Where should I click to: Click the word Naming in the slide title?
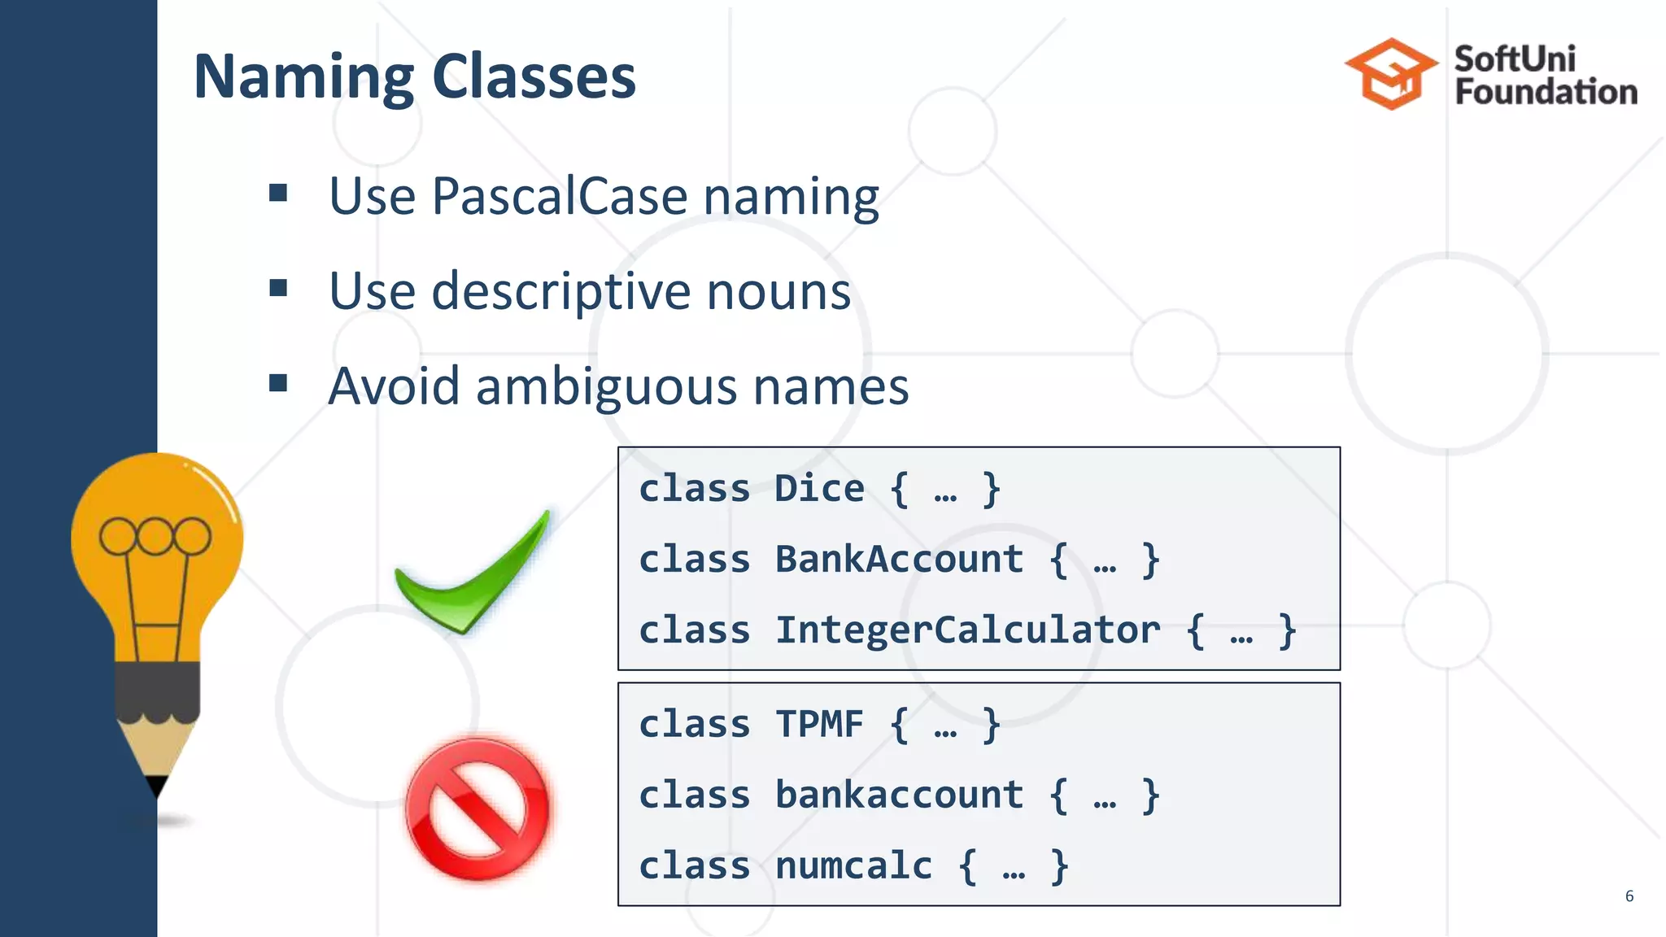click(x=303, y=77)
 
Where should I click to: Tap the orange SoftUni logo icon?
click(x=1391, y=73)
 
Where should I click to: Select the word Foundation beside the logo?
click(x=1546, y=92)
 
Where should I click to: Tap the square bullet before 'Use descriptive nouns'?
click(x=278, y=288)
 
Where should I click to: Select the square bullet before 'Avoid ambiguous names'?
click(x=278, y=382)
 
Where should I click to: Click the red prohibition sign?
click(x=478, y=808)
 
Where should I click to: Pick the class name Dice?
click(x=819, y=489)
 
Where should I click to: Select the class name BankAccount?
click(x=899, y=560)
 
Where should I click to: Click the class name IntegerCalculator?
click(x=967, y=630)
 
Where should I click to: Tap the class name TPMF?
click(x=819, y=724)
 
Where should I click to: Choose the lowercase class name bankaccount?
click(x=899, y=795)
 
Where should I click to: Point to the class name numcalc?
click(x=853, y=865)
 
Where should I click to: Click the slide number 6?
click(x=1629, y=896)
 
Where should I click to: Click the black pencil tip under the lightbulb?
click(x=156, y=786)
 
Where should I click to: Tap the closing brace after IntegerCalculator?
click(x=1286, y=631)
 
